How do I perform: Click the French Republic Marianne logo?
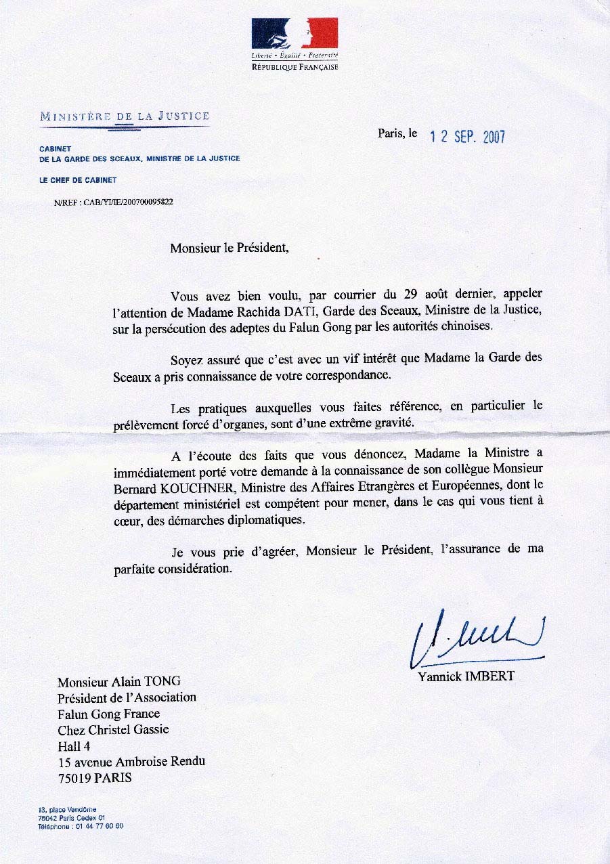coord(295,33)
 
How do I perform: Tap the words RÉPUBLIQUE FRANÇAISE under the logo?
coord(295,67)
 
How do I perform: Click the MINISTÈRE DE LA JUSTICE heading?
coord(125,116)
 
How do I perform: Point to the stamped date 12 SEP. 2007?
coord(468,137)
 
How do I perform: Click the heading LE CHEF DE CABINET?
coord(78,180)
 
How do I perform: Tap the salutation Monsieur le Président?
coord(230,248)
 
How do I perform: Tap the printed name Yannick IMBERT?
coord(466,676)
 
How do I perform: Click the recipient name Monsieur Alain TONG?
coord(119,682)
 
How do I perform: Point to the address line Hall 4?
coord(74,746)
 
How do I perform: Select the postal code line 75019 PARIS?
coord(95,778)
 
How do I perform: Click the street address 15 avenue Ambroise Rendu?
coord(131,762)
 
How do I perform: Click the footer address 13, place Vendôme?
coord(67,809)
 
